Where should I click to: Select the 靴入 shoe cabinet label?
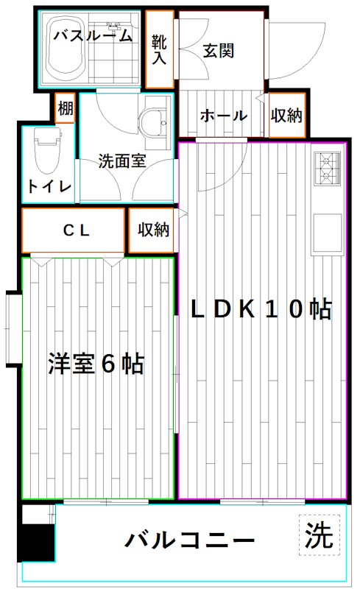tap(159, 49)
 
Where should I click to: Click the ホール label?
tap(222, 115)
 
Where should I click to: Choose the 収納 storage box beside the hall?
tap(286, 115)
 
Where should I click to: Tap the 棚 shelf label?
tap(66, 108)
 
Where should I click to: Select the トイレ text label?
tap(49, 187)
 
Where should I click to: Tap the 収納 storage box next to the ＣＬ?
tap(153, 230)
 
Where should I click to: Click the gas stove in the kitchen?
tap(326, 169)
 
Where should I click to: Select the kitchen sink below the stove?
tap(326, 233)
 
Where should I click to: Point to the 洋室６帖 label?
tap(96, 364)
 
